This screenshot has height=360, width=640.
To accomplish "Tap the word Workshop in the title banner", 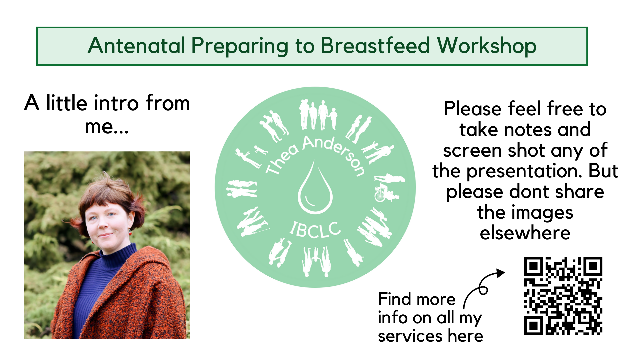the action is coord(487,46).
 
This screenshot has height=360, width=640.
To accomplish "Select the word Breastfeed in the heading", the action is coord(375,46).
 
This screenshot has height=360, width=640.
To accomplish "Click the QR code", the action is coord(563,296).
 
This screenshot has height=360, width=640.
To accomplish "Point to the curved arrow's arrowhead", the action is coord(500,273).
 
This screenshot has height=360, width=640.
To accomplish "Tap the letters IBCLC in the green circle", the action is coord(315,230).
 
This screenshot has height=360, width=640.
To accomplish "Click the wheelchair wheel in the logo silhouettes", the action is coord(380,195).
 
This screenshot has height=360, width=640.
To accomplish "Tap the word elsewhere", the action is coord(525,233).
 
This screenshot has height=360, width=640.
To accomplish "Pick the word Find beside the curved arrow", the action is coord(394,299).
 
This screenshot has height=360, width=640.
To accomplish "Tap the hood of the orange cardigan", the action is coord(150,263).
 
